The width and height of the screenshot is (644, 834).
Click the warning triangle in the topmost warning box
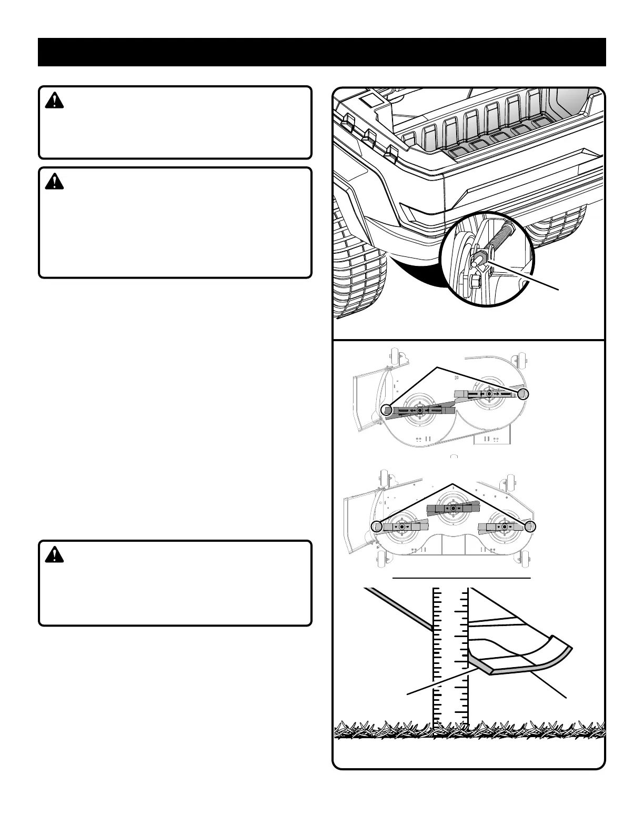pyautogui.click(x=54, y=101)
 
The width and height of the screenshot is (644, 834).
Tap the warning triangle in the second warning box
pyautogui.click(x=54, y=182)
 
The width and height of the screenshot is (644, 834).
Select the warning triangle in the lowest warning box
pyautogui.click(x=54, y=554)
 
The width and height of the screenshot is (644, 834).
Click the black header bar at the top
pyautogui.click(x=322, y=52)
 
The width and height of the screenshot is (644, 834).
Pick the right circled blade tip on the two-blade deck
pyautogui.click(x=522, y=394)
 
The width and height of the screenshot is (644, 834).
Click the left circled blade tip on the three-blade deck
pyautogui.click(x=376, y=527)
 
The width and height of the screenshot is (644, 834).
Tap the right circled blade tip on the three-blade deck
pyautogui.click(x=531, y=526)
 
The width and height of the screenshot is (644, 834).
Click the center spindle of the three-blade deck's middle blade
pyautogui.click(x=453, y=508)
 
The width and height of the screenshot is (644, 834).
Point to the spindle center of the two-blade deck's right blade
pyautogui.click(x=489, y=393)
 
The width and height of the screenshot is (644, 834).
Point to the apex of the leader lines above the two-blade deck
pyautogui.click(x=436, y=365)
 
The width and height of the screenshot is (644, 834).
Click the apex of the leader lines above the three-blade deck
pyautogui.click(x=452, y=483)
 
